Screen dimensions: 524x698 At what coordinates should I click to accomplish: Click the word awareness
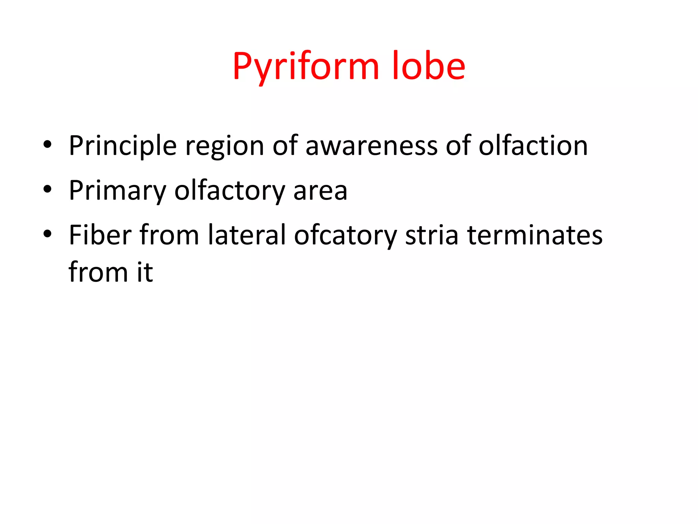pos(371,146)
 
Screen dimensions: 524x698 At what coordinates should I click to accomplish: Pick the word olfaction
pos(533,146)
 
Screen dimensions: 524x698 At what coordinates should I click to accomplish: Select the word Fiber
pos(100,235)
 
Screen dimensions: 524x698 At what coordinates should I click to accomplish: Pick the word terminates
pos(535,235)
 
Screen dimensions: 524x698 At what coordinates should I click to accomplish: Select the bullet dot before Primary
pos(47,189)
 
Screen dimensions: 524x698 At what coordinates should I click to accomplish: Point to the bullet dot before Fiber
pos(47,234)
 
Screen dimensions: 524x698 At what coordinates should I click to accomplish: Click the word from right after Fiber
pos(169,235)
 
